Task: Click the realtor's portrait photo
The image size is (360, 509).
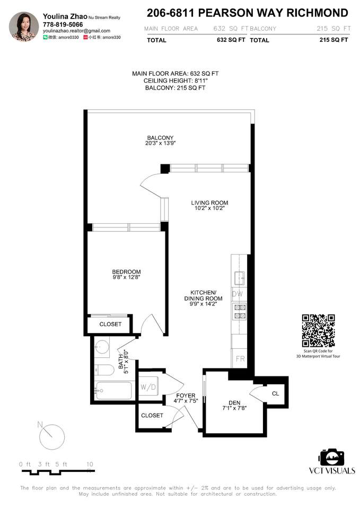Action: pos(24,27)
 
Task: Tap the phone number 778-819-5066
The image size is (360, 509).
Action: pos(63,24)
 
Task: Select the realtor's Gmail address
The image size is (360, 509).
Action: pos(76,31)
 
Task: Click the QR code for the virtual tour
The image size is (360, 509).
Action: pos(318,331)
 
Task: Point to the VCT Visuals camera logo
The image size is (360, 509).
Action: pos(332,458)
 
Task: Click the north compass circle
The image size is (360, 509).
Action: pos(52,436)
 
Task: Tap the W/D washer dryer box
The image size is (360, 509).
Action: pos(148,387)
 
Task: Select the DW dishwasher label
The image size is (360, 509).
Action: pos(238,294)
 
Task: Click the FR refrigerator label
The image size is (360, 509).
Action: pos(240,359)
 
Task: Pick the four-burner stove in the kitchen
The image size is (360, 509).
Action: pos(240,311)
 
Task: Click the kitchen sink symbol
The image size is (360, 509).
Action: pos(240,278)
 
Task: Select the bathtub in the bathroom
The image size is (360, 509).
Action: pos(113,391)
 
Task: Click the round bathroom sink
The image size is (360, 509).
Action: pos(102,347)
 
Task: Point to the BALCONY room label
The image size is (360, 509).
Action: pos(160,138)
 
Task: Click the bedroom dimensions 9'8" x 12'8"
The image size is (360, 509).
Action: pos(126,277)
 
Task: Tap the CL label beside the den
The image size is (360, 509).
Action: pos(275,393)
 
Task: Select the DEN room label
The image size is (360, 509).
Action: pos(234,403)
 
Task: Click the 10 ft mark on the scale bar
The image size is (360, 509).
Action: pos(90,464)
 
